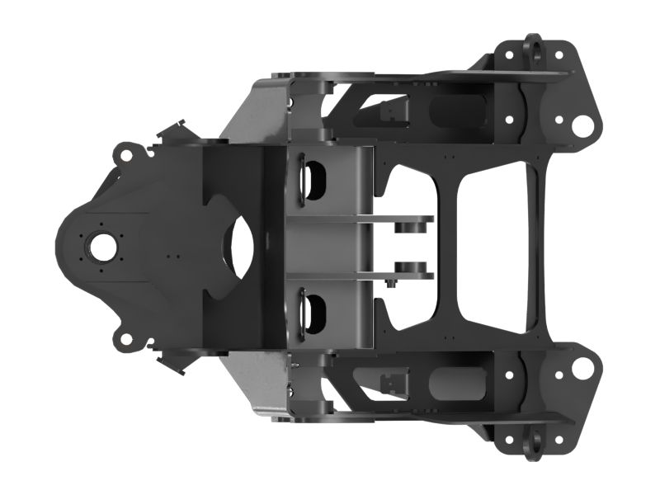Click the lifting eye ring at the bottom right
pyautogui.click(x=532, y=441)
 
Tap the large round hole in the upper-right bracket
pyautogui.click(x=582, y=126)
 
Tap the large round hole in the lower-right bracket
pyautogui.click(x=582, y=369)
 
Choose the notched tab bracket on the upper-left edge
pyautogui.click(x=176, y=133)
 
